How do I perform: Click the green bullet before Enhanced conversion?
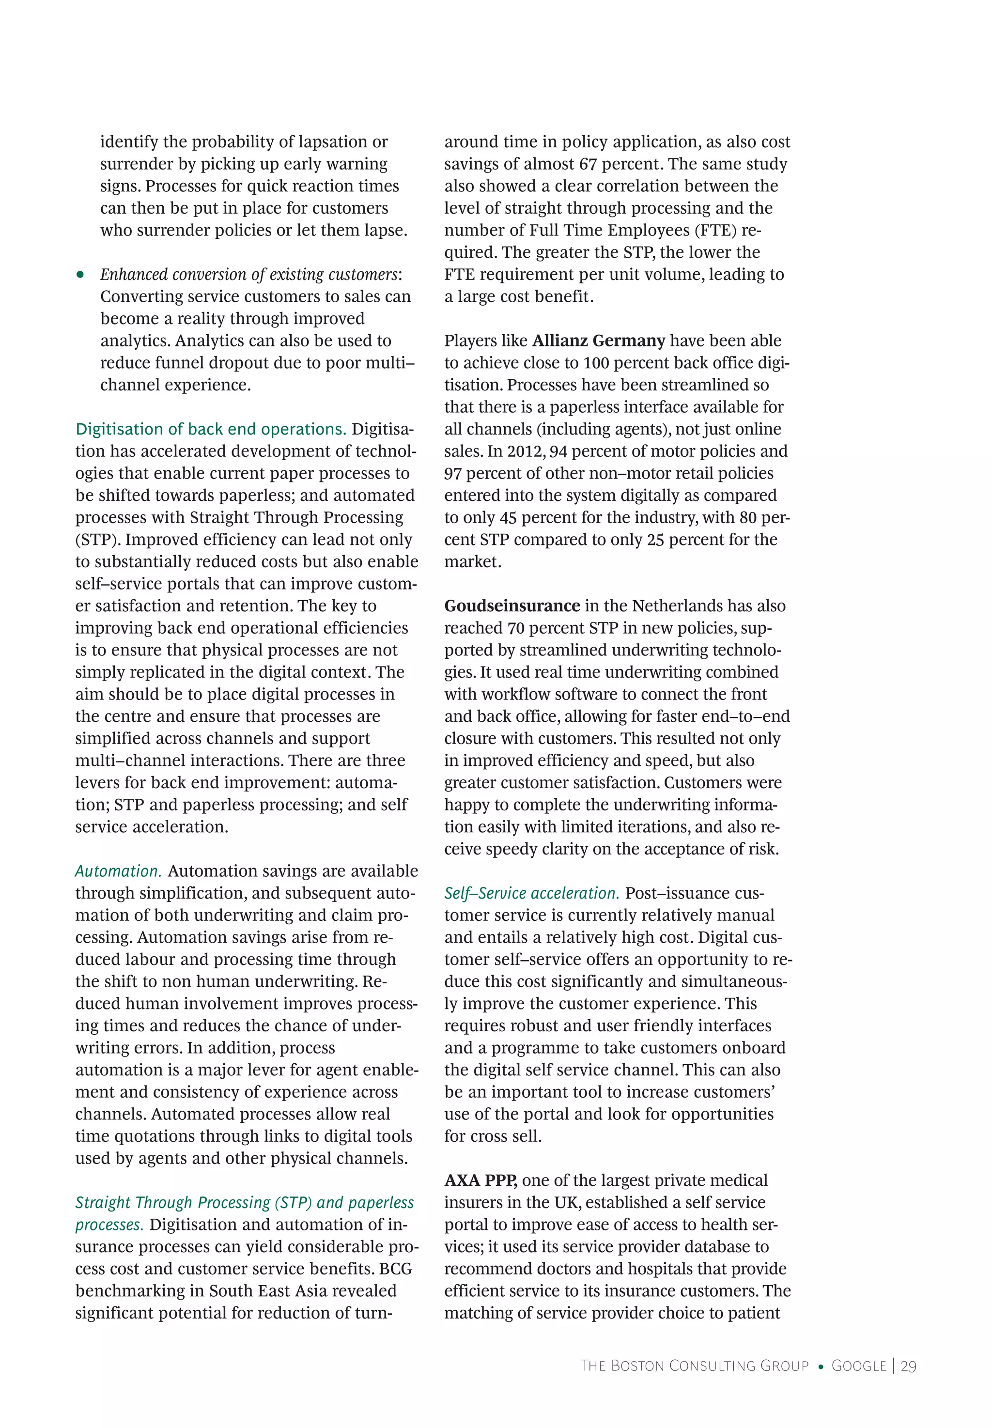(x=80, y=275)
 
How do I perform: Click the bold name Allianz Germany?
(x=598, y=341)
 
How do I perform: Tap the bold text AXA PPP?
(x=480, y=1180)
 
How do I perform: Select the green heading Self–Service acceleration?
(x=531, y=893)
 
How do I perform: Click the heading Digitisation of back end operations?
(x=211, y=429)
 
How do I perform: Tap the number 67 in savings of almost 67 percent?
(x=588, y=164)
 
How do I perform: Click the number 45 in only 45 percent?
(x=508, y=518)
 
